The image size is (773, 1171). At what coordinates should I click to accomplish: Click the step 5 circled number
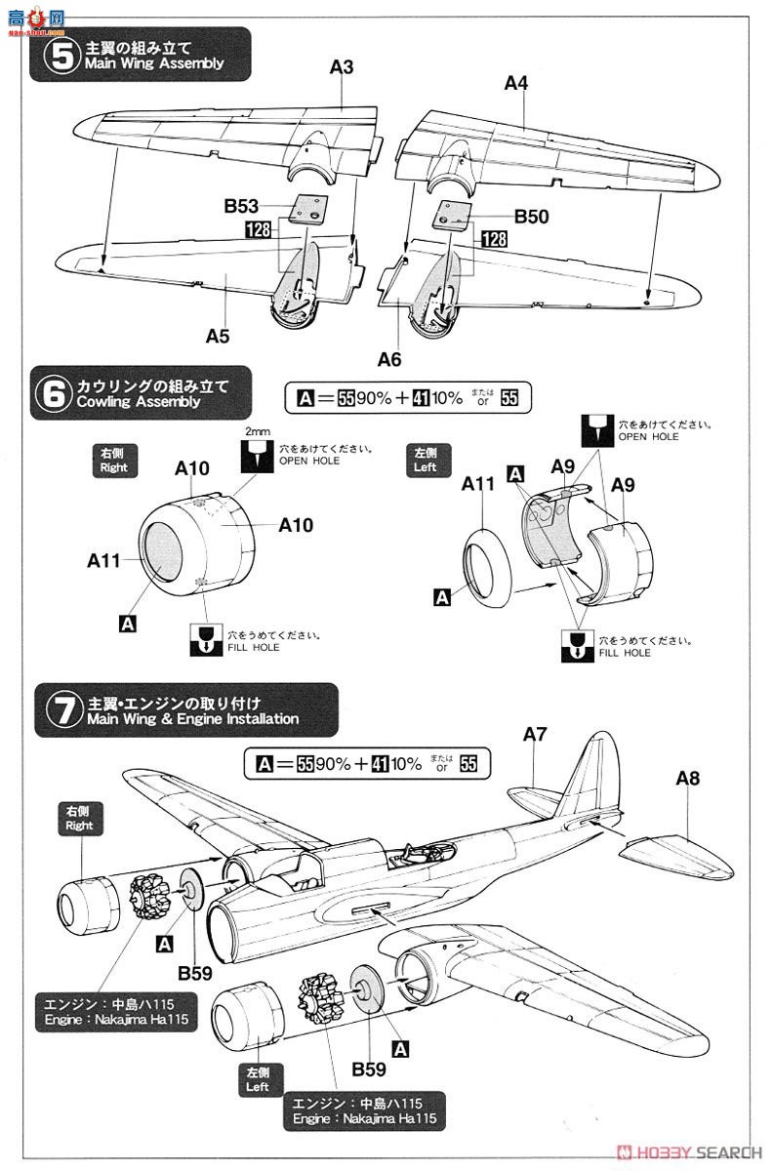pos(61,55)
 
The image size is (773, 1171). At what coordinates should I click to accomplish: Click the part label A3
pos(342,67)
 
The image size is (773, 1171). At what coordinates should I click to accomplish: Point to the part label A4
pos(516,84)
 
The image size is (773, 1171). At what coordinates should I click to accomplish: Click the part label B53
pos(241,206)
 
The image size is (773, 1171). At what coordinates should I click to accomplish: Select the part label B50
pos(531,217)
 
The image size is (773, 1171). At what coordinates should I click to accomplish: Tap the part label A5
pos(218,336)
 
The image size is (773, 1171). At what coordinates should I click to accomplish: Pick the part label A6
pos(389,360)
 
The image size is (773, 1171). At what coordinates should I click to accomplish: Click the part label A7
pos(536,734)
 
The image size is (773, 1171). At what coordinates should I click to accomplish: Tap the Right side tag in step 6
pos(113,461)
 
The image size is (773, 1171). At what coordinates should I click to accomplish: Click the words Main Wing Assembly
pos(154,63)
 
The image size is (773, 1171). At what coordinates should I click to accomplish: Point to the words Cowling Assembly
pos(142,401)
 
